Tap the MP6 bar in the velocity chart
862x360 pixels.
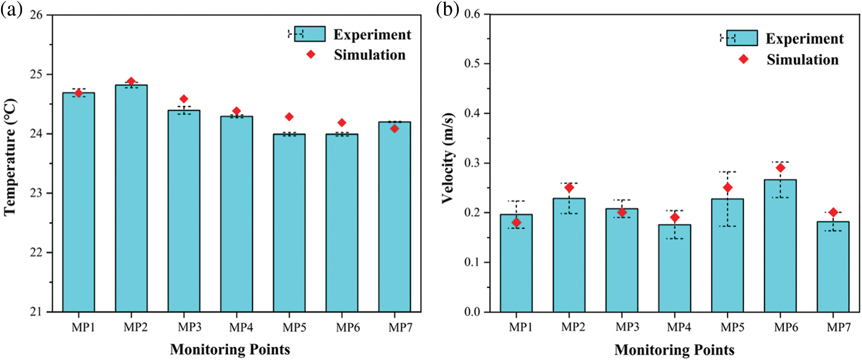tap(780, 245)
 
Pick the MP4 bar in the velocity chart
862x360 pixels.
tap(675, 268)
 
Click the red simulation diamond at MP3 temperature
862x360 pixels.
tap(184, 99)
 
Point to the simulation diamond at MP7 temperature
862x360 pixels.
tap(394, 128)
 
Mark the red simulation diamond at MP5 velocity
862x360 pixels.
tap(728, 187)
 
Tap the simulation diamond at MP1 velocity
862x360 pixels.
tap(516, 222)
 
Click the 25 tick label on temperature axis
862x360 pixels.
tap(36, 74)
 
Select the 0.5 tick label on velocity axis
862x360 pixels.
tap(473, 64)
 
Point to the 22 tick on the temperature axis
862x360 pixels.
tap(36, 253)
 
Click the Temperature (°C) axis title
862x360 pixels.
tap(10, 157)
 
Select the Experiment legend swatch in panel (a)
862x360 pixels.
tap(309, 34)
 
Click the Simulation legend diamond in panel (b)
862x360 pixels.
tap(743, 59)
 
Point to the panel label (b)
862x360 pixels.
tap(447, 9)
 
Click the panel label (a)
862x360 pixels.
tap(11, 9)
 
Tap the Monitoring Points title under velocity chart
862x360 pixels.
tap(674, 350)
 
